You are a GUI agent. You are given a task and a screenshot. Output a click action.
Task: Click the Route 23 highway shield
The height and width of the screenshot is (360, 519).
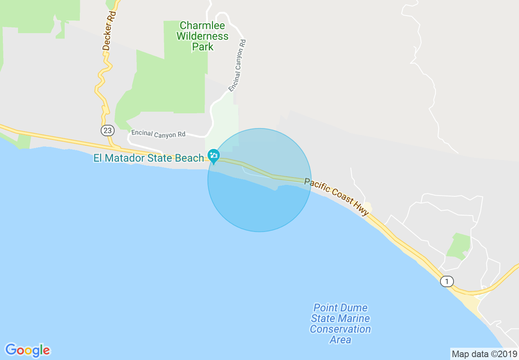107,130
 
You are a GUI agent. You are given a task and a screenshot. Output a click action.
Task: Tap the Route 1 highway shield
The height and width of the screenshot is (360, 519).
447,281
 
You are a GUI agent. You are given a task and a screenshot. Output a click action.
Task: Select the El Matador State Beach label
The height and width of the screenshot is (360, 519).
149,158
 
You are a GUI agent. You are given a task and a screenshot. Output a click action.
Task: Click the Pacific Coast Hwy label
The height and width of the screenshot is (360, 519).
336,196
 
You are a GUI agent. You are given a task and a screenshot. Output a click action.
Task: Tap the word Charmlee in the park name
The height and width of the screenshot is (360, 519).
202,26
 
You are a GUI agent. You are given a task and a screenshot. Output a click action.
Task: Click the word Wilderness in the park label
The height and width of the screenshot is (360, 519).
202,36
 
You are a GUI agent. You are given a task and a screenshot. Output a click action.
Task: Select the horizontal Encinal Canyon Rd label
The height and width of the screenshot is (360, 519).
158,134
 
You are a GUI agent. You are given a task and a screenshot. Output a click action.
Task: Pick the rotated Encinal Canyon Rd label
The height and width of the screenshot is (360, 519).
237,65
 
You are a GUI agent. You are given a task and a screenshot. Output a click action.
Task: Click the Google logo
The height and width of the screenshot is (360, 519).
27,350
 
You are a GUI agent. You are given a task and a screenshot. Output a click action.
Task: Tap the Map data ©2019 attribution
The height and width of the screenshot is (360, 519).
484,354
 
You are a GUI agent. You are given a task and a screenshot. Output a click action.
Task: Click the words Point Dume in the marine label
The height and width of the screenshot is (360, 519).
340,308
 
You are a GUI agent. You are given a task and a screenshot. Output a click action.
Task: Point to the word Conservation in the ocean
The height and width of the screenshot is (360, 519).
340,329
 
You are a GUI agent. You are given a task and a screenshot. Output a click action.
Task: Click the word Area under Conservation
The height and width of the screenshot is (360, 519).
340,340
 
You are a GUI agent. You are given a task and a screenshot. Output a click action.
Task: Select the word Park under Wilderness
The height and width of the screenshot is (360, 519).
203,47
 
